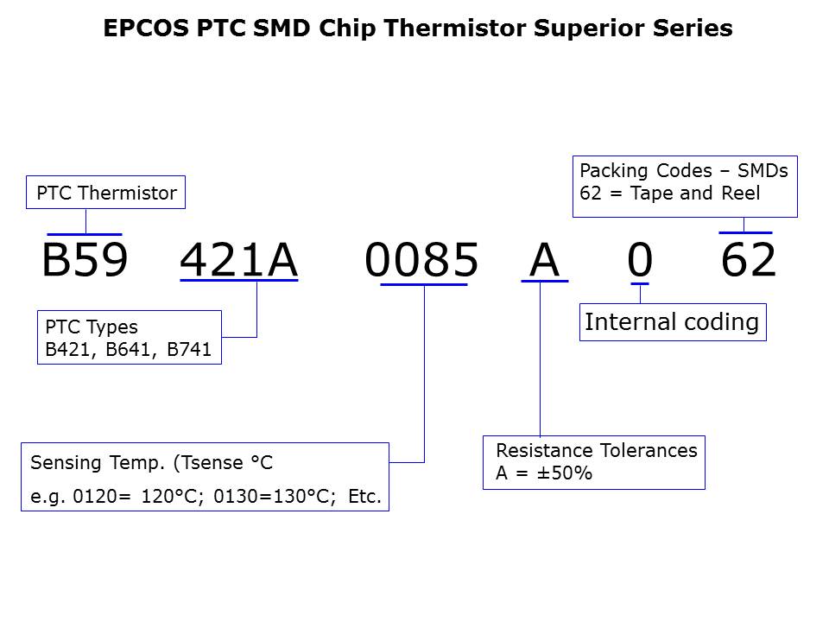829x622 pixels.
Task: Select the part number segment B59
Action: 85,260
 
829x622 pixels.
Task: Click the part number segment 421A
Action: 238,260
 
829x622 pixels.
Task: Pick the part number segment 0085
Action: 421,260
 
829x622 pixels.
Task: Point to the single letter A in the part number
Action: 544,260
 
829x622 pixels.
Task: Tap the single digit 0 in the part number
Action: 639,260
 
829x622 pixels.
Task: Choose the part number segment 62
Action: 749,260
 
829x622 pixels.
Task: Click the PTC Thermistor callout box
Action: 106,194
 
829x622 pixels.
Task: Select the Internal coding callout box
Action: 672,322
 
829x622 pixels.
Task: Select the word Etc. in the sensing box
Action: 364,498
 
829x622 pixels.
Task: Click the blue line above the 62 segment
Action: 745,232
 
